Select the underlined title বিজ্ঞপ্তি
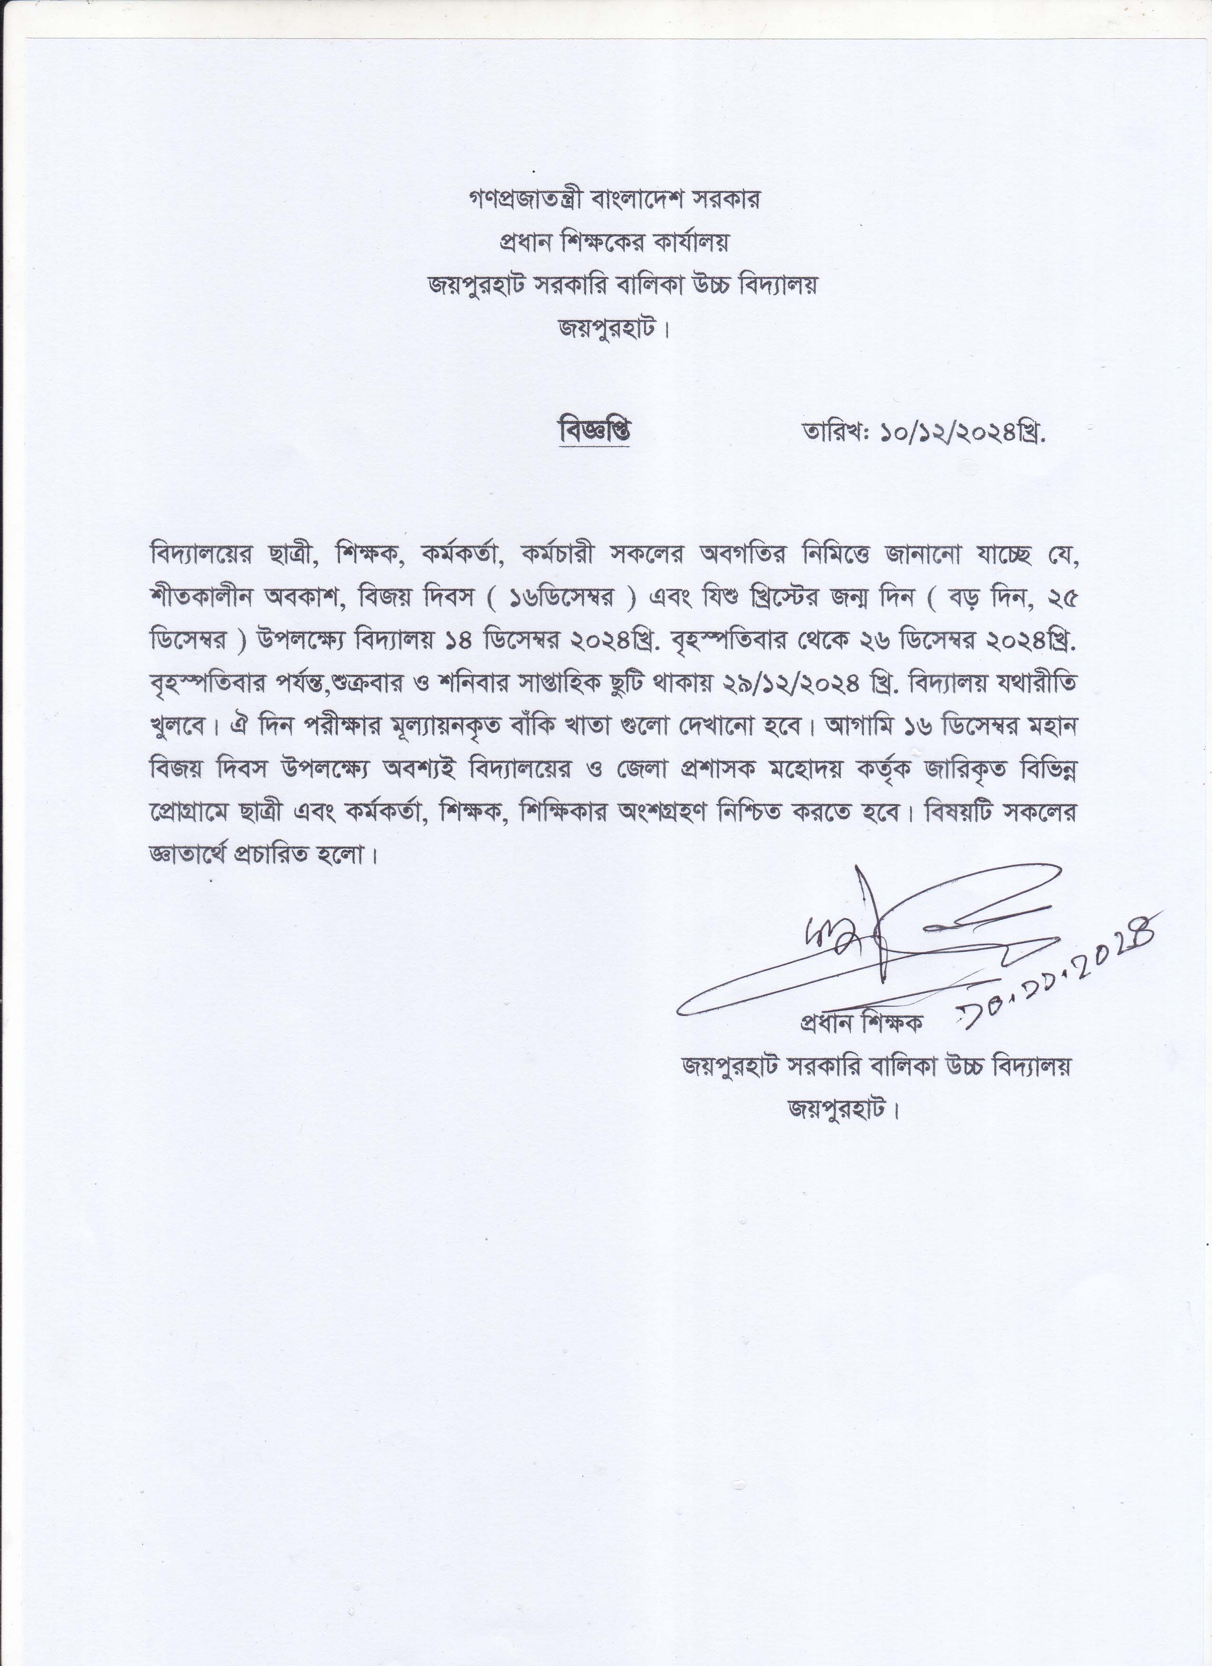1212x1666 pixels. [594, 431]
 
